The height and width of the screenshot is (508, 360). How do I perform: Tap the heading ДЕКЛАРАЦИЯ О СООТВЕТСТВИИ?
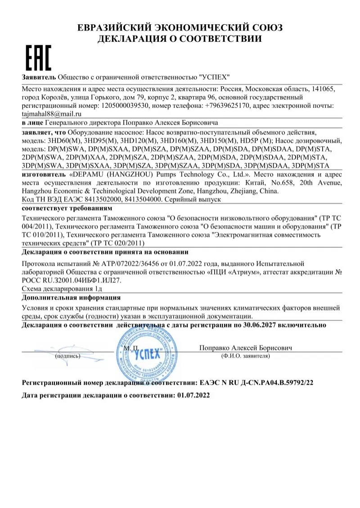tap(180, 39)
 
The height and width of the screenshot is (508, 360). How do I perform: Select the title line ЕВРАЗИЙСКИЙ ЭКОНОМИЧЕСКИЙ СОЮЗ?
tap(180, 28)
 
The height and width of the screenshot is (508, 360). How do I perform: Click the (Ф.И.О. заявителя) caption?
tap(245, 356)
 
